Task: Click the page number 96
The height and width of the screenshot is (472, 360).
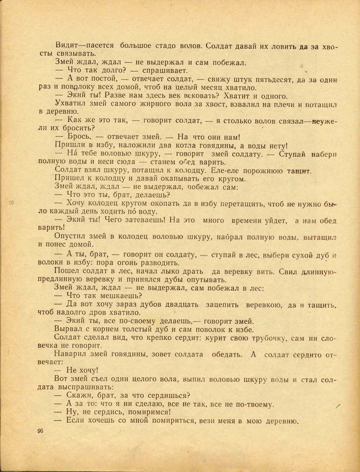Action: (x=40, y=431)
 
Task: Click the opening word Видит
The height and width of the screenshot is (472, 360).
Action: (x=66, y=46)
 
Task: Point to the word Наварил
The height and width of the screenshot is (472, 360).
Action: (x=71, y=354)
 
